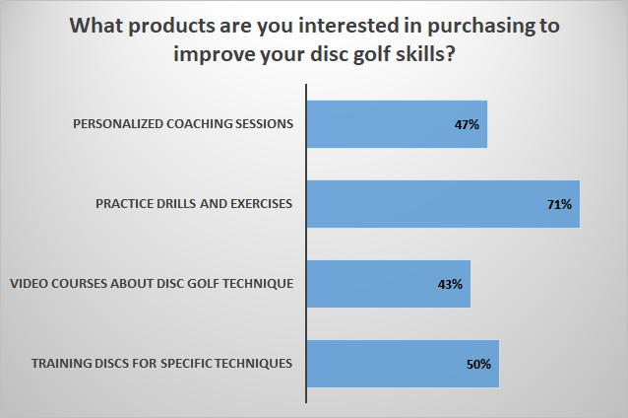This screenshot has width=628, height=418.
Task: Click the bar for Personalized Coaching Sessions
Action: (x=397, y=124)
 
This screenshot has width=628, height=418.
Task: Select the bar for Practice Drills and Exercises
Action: (x=443, y=204)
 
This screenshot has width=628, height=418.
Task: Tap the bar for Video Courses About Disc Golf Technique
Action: (x=389, y=284)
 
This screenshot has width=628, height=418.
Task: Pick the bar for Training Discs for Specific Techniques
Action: (x=403, y=364)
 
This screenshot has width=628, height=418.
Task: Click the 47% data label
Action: (x=467, y=125)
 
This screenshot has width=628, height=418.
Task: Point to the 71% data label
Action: (x=559, y=205)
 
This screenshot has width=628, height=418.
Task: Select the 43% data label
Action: (x=450, y=284)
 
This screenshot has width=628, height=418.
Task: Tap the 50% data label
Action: (x=478, y=364)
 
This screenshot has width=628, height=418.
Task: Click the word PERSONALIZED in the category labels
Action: (x=118, y=123)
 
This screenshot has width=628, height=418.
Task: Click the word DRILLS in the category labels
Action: (x=175, y=204)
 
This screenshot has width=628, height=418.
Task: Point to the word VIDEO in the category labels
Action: (x=29, y=284)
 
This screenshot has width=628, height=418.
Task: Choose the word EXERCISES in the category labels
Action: (x=261, y=204)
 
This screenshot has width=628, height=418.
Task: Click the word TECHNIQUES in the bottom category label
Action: (x=253, y=364)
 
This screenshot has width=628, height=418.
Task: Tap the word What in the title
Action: (x=96, y=26)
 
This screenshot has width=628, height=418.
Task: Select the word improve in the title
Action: (x=212, y=55)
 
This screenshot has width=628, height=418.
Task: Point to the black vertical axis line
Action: (x=306, y=244)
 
